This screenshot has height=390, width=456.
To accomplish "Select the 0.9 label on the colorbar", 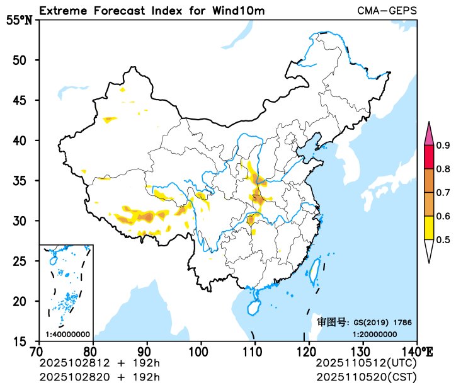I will (x=443, y=146).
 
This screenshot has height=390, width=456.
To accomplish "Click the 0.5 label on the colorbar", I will (x=443, y=239).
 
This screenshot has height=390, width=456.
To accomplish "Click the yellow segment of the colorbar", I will (x=430, y=227).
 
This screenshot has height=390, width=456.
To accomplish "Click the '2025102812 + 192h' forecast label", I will (x=100, y=364).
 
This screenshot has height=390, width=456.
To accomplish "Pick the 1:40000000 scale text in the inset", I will (x=67, y=334).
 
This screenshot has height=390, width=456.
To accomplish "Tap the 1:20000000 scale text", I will (x=374, y=334).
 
